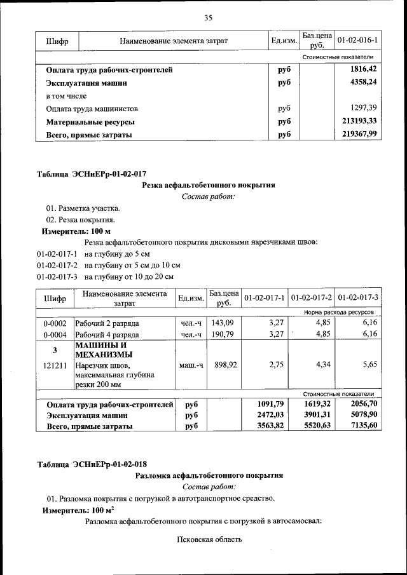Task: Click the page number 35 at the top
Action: (207, 18)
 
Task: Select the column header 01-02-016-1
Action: (357, 41)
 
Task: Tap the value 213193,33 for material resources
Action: (359, 121)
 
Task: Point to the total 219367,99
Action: (359, 134)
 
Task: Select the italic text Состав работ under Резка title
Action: (208, 196)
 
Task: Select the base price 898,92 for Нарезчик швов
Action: (223, 366)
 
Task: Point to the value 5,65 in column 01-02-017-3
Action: (369, 366)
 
